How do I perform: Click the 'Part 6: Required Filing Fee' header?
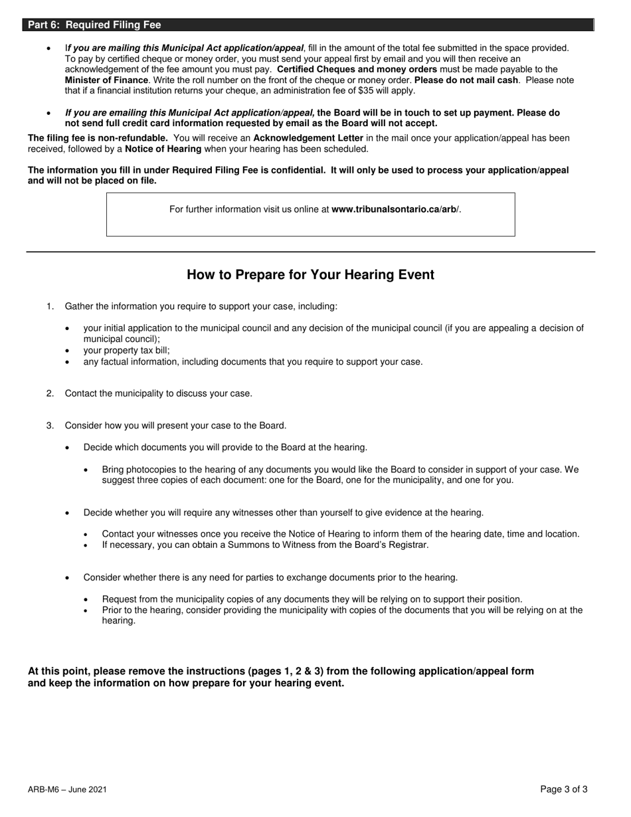[x=94, y=25]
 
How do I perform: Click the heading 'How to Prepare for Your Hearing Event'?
[x=310, y=275]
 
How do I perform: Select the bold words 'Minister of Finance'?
[x=106, y=80]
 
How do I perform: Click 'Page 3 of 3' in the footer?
[x=563, y=790]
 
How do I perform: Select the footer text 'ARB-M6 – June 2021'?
[x=67, y=790]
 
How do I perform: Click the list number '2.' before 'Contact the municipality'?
[x=50, y=393]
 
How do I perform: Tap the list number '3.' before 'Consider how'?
[x=50, y=425]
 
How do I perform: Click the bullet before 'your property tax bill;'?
[x=68, y=351]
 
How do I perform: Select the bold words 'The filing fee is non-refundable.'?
[x=98, y=138]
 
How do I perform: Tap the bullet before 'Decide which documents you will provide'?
[x=68, y=448]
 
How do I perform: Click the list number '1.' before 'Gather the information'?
[x=50, y=306]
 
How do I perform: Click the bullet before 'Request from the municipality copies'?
[x=87, y=600]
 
